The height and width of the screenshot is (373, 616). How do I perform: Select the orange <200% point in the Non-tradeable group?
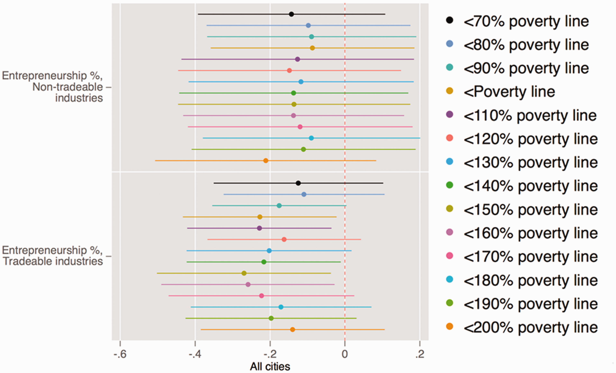click(266, 161)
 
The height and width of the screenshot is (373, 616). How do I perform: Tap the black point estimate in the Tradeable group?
click(298, 183)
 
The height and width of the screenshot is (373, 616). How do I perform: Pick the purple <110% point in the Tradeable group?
click(259, 228)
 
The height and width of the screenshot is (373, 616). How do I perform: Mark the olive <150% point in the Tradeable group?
click(244, 273)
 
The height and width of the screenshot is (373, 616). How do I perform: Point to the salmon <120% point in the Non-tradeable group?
click(289, 70)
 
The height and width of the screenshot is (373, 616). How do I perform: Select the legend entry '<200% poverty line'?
click(522, 327)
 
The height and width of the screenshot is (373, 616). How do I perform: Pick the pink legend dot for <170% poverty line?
click(450, 256)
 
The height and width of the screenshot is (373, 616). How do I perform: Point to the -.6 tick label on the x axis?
click(120, 354)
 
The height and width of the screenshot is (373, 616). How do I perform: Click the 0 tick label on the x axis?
click(345, 354)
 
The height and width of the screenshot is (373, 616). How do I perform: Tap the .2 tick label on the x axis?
click(420, 354)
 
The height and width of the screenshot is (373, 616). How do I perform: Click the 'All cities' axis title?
click(270, 366)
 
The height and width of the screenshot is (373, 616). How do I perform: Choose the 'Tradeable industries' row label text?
click(53, 261)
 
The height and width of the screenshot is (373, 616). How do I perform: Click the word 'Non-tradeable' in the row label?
click(67, 87)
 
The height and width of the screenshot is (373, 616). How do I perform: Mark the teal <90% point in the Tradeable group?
click(279, 206)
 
